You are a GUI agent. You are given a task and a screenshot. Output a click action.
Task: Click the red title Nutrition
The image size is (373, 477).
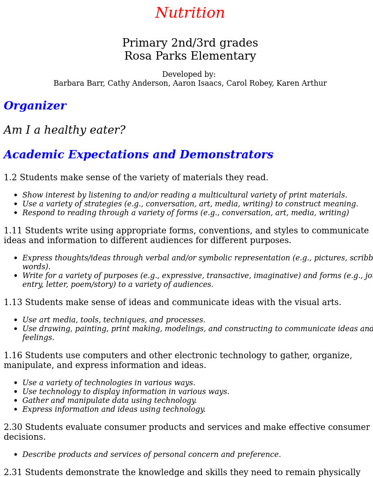tap(190, 14)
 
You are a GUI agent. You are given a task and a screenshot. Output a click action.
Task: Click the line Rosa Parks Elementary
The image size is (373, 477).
tap(190, 56)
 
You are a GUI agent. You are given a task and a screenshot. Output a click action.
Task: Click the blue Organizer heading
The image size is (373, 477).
tap(35, 106)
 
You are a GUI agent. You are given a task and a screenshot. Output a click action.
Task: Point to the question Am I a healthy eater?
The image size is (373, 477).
tap(64, 130)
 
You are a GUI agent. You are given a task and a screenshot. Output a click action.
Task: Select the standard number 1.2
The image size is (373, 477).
tap(10, 178)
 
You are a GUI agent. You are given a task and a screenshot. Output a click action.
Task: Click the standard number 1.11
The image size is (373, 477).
tap(13, 231)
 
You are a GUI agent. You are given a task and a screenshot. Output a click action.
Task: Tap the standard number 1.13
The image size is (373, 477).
tap(13, 303)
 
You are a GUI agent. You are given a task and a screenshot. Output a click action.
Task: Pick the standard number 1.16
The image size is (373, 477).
tap(13, 356)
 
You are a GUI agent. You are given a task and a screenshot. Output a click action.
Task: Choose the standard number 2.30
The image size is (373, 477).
tap(13, 428)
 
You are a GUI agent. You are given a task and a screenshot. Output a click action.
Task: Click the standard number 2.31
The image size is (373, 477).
tap(13, 473)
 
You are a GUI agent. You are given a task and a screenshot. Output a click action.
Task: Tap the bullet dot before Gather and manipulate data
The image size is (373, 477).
tap(15, 401)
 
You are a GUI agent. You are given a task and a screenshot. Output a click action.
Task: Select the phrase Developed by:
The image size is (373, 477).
tap(189, 75)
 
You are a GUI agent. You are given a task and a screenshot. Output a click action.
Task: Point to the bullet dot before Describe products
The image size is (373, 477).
tap(15, 455)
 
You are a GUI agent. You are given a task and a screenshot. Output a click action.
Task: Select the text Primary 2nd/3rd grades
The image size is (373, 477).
tap(190, 43)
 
